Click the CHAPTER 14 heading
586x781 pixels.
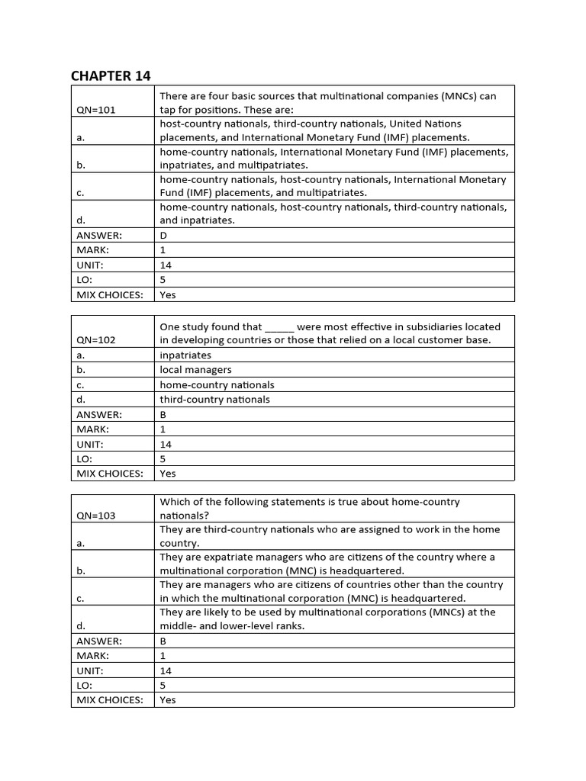click(x=111, y=75)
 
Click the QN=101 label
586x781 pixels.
click(x=96, y=110)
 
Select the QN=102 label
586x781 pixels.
click(x=96, y=340)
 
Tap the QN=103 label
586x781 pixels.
click(x=96, y=516)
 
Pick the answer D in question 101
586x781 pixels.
click(x=163, y=236)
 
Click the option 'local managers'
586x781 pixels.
click(x=195, y=370)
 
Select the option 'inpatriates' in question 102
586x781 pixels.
click(x=185, y=355)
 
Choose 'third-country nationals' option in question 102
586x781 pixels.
click(x=214, y=400)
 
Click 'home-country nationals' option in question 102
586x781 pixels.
click(x=217, y=385)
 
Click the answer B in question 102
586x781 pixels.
click(x=163, y=415)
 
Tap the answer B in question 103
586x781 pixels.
click(x=163, y=641)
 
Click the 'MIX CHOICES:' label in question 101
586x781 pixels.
click(x=110, y=295)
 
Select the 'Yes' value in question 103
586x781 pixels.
click(x=168, y=700)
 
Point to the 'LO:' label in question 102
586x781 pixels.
click(x=85, y=459)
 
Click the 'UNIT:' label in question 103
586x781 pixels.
click(x=90, y=671)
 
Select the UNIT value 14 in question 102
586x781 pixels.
click(x=166, y=444)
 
